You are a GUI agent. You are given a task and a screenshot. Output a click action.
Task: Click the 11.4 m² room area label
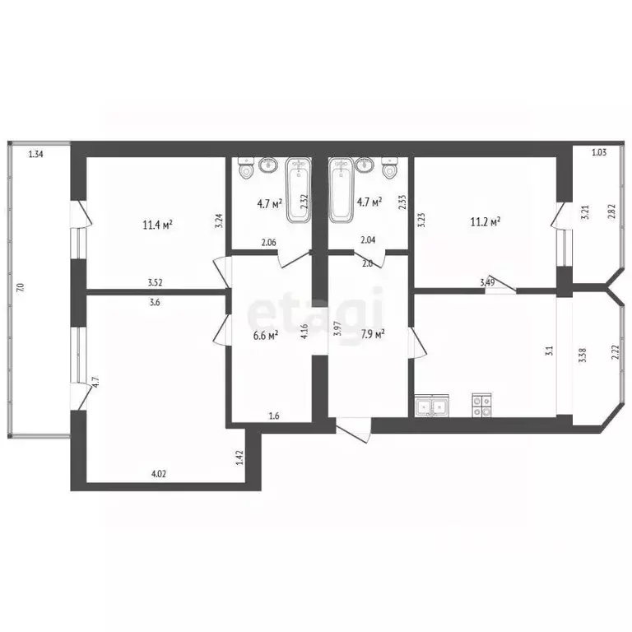(156, 223)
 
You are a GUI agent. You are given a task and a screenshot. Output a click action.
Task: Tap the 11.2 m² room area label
(485, 221)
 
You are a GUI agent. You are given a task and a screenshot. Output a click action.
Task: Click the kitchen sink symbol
(432, 405)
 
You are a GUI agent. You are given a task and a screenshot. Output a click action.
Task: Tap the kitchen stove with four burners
(481, 405)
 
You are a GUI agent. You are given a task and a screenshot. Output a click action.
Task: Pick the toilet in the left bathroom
(245, 170)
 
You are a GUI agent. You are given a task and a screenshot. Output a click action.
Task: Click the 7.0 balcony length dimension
(20, 287)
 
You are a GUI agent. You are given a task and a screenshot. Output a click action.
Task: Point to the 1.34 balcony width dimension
(35, 153)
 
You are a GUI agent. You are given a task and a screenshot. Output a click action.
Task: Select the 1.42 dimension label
(239, 458)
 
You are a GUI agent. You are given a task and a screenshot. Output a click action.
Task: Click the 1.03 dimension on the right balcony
(600, 152)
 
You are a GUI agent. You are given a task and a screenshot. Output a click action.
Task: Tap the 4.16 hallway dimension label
(304, 333)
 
